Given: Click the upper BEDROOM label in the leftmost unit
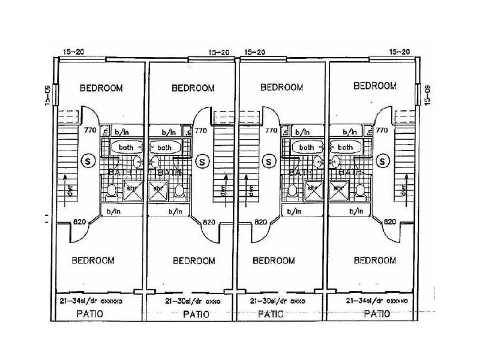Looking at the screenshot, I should (x=101, y=88).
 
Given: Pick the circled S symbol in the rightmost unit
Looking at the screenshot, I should (x=383, y=160).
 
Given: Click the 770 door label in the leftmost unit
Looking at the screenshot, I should (x=91, y=130).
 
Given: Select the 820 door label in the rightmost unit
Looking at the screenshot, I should (x=389, y=221).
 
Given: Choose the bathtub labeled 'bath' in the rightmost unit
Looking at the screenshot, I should (x=345, y=147).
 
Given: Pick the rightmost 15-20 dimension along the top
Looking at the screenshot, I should (x=400, y=53).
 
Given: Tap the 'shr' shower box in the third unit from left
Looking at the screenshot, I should (x=311, y=191).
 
